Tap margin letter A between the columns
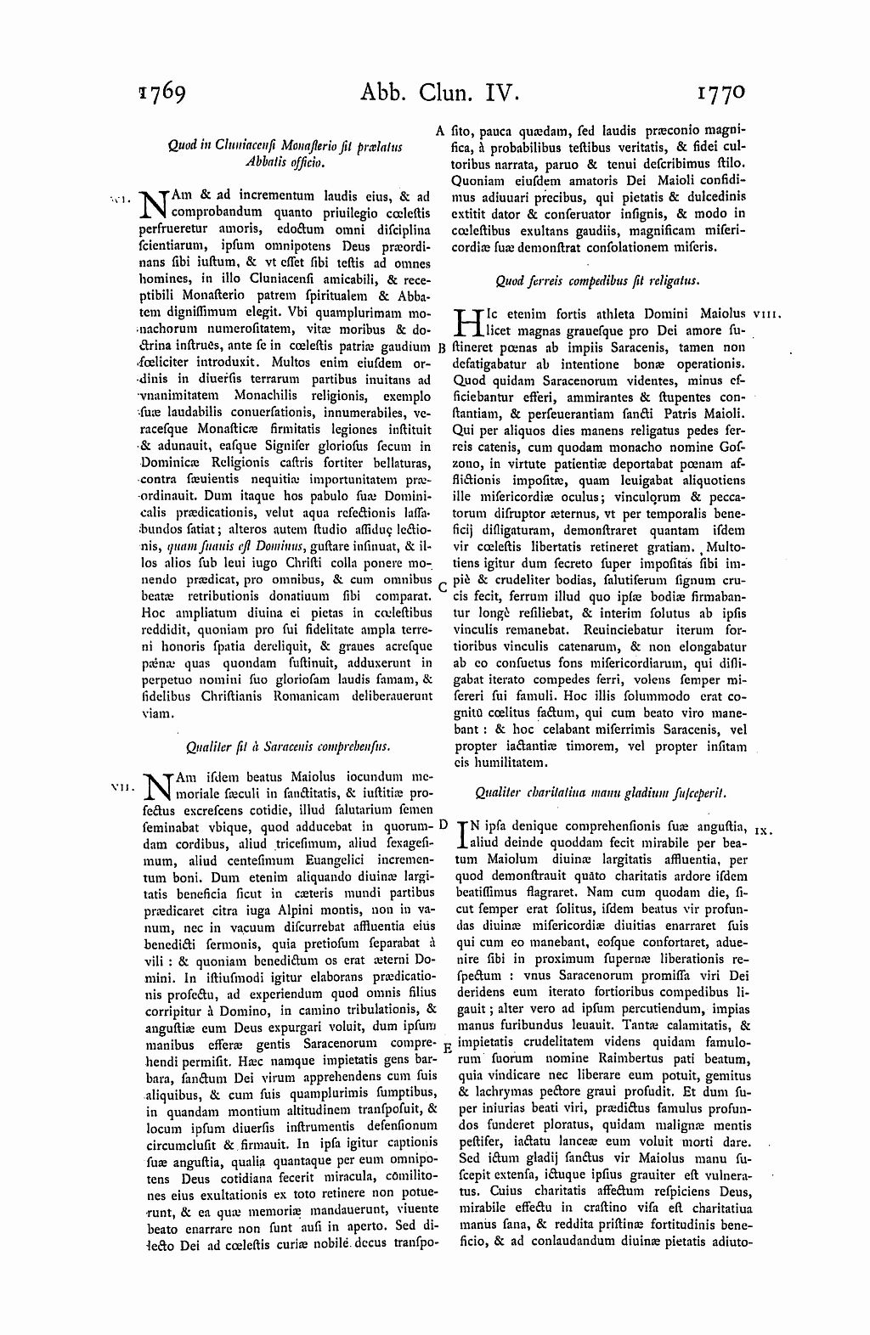(440, 132)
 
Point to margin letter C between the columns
(442, 586)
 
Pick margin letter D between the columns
(443, 824)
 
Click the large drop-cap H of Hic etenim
(468, 322)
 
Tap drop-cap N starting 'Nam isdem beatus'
(159, 786)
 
